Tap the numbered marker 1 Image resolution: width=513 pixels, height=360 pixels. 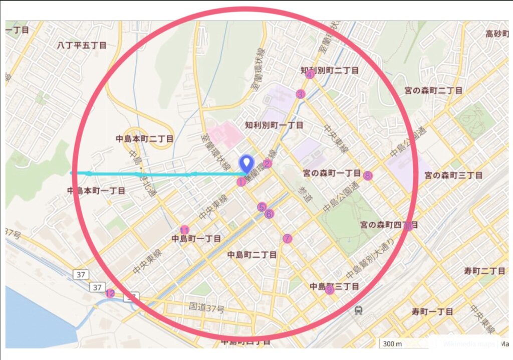241,182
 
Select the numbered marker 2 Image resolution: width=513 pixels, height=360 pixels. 267,163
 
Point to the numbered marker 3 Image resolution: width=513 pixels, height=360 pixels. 300,94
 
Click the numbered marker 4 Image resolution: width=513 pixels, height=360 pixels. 310,75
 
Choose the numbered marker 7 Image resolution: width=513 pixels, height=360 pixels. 287,239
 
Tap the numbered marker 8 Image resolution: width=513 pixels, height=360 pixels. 367,175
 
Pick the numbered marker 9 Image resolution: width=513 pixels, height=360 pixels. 329,289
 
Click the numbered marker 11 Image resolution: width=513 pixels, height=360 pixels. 184,229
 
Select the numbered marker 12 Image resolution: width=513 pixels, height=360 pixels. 110,293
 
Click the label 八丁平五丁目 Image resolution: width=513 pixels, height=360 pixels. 82,45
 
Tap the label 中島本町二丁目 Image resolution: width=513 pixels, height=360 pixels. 144,138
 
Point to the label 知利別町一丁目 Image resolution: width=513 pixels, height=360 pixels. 274,125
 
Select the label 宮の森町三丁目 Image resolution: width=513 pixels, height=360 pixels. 453,175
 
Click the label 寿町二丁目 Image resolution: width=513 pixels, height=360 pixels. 484,271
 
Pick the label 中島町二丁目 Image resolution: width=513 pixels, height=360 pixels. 251,255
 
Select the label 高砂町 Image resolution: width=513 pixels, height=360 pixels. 496,34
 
